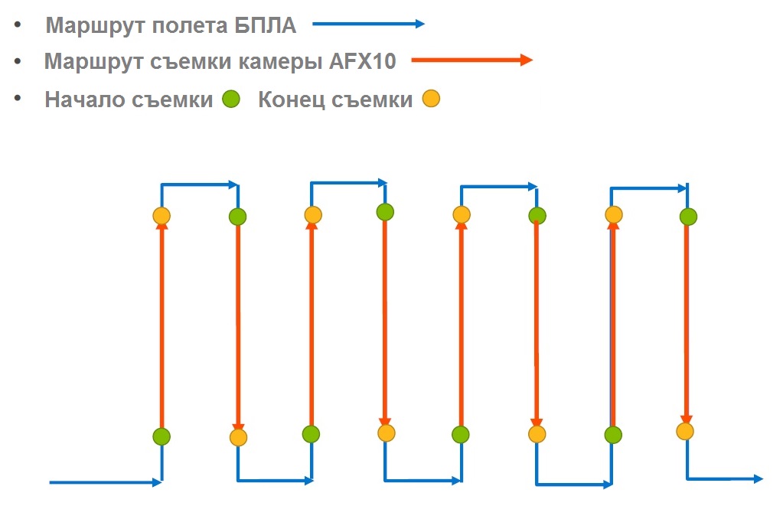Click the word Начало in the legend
point(86,100)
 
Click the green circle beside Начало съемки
point(231,98)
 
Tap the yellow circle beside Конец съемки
point(432,99)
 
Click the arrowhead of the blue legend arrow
point(419,24)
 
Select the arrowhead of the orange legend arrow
point(526,60)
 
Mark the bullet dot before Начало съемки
point(18,98)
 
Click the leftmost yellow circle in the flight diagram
point(161,216)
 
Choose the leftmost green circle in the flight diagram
point(161,436)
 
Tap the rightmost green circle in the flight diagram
point(688,217)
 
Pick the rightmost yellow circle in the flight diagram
point(685,431)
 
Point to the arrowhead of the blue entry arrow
point(157,482)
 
